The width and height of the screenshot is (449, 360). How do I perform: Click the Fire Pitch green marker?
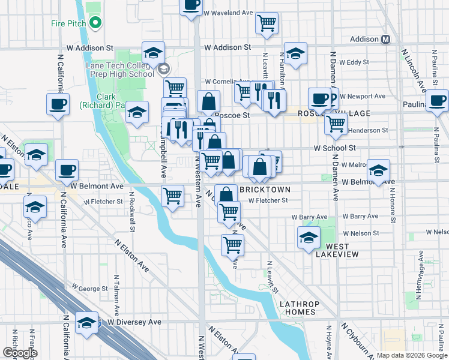(94, 23)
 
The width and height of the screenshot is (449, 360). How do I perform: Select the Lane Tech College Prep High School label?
(120, 70)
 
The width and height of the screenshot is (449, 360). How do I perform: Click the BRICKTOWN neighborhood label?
(265, 190)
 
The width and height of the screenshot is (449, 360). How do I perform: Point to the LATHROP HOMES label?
(298, 308)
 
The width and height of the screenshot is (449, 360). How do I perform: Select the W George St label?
(89, 289)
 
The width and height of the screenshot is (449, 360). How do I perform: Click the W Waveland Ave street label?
(228, 12)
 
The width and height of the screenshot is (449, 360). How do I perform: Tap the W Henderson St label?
(368, 130)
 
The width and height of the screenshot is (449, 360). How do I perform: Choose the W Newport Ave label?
(363, 96)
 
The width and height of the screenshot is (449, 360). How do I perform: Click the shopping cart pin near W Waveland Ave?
(267, 23)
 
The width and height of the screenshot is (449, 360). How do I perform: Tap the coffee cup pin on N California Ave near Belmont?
(67, 170)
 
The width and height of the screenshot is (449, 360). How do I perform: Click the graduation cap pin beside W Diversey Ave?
(87, 323)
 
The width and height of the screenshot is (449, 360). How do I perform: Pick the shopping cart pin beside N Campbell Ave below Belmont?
(172, 195)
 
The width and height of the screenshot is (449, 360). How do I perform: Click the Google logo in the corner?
(19, 353)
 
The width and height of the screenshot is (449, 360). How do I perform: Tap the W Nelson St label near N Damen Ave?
(361, 233)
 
